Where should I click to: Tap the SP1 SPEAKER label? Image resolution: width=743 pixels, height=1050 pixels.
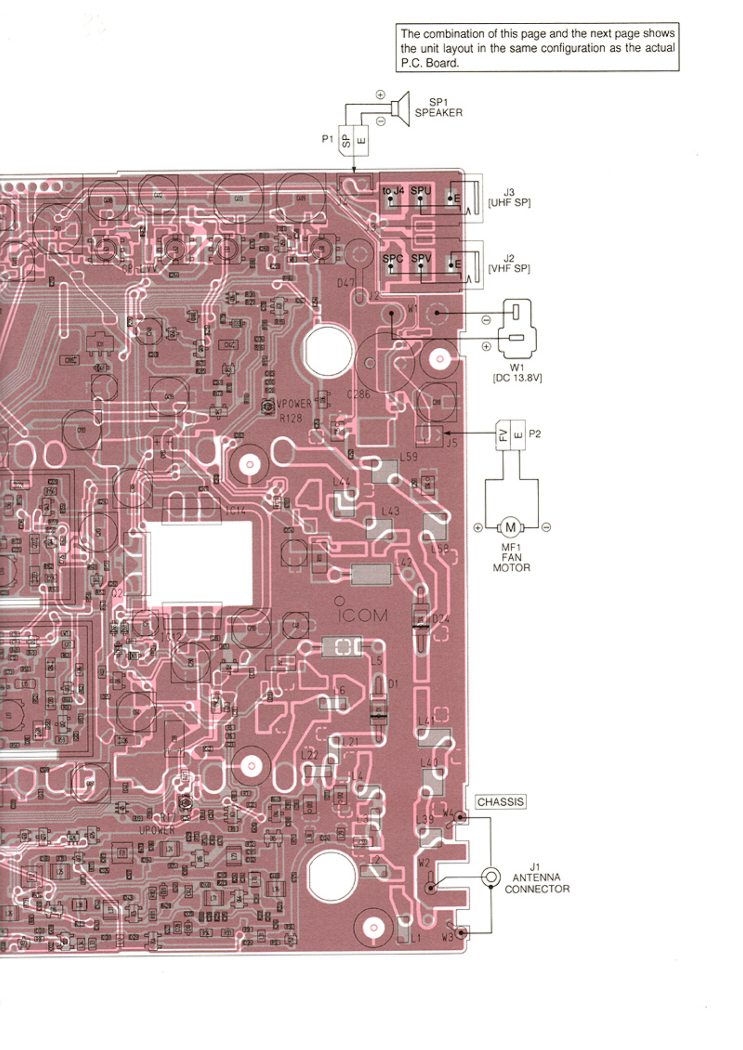coord(438,107)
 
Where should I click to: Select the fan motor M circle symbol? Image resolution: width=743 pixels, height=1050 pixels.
coord(510,527)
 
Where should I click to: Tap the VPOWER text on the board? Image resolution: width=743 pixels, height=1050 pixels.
coord(294,404)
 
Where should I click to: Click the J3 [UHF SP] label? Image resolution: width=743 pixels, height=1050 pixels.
coord(509,197)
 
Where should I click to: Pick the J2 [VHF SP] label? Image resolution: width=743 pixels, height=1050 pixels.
coord(509,263)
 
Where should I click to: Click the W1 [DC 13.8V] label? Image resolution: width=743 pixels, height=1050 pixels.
coord(517,373)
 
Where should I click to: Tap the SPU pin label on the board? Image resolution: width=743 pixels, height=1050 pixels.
coord(421,191)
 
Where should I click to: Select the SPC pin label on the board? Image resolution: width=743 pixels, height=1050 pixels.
coord(392,258)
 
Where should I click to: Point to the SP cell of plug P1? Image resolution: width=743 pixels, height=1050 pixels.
coord(346,140)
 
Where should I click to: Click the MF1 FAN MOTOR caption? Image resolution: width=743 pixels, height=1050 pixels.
coord(511,557)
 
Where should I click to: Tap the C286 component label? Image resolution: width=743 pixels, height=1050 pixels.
coord(358,395)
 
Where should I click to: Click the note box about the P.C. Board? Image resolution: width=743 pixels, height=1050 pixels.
coord(537,47)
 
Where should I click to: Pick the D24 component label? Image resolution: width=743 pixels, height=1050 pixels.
coord(440,619)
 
